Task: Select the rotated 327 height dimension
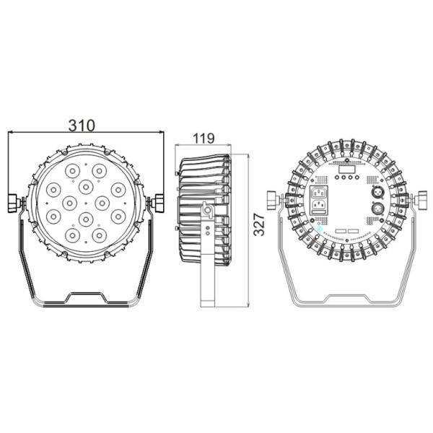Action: pos(259,227)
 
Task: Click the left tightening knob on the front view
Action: pos(14,204)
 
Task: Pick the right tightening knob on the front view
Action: pos(155,204)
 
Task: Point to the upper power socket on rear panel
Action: pos(318,193)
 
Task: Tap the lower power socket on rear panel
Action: pos(318,210)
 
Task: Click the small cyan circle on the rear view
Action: pos(320,226)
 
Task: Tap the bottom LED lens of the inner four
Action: pos(85,218)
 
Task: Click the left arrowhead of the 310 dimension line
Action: pos(10,133)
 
